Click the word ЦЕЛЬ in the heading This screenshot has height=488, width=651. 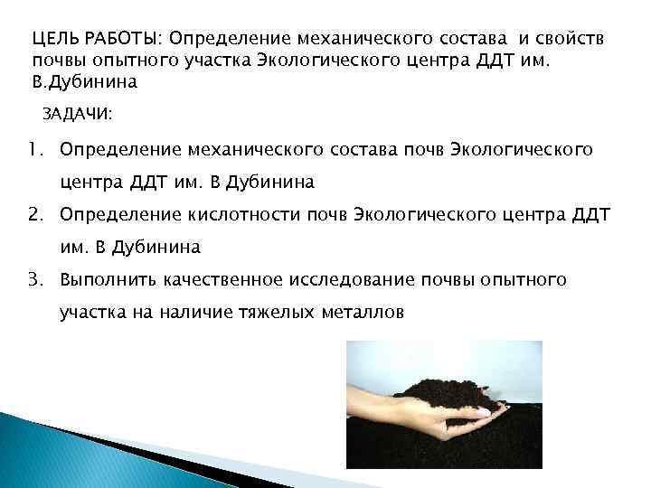[x=52, y=41]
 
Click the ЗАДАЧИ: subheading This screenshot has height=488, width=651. [x=78, y=115]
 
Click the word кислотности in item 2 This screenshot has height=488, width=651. [x=250, y=213]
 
